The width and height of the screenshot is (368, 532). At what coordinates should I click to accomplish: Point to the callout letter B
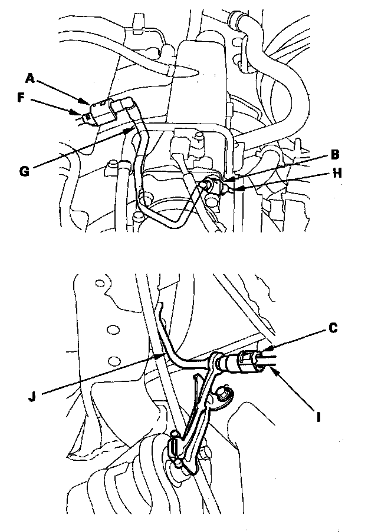point(335,155)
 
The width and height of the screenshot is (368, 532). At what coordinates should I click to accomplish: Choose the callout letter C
point(333,328)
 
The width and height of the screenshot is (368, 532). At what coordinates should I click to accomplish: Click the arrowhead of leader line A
point(90,104)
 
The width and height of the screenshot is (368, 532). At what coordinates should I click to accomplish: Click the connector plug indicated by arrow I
point(248,360)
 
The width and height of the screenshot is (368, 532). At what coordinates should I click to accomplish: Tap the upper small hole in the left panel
point(99,284)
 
